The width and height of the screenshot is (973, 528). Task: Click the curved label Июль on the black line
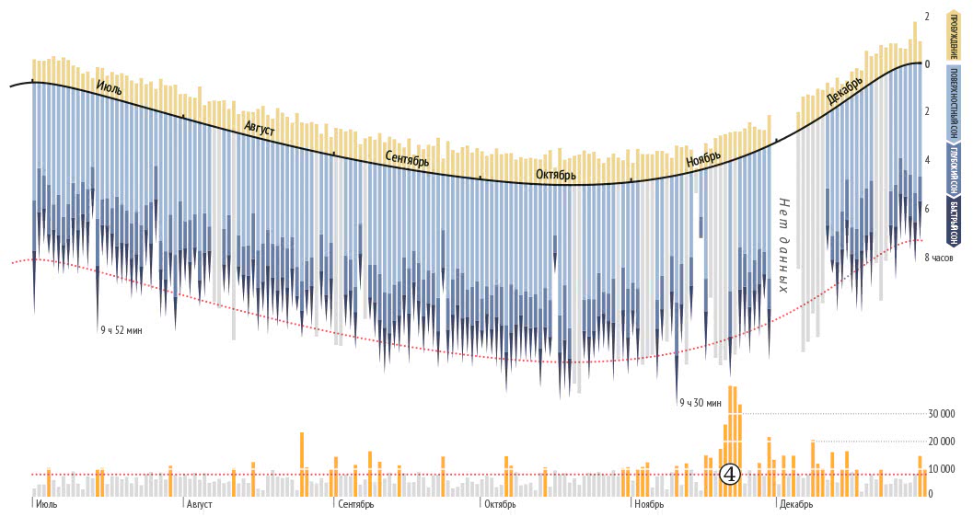pos(109,88)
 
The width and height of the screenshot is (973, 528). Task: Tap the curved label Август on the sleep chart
pos(260,130)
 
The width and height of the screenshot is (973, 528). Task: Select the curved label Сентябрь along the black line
pos(407,158)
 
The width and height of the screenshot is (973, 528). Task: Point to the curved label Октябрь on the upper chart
pos(556,175)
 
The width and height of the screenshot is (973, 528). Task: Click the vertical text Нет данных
pos(784,245)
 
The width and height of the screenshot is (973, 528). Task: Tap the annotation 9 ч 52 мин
pos(122,329)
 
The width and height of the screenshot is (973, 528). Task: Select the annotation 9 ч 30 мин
pos(700,403)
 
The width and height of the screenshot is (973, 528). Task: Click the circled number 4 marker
pos(729,475)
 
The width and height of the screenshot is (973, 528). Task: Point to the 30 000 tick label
pos(942,413)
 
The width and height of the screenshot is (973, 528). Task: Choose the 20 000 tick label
pos(942,442)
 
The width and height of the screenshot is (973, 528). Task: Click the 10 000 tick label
pos(942,469)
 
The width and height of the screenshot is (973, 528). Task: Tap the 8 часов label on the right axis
pos(939,258)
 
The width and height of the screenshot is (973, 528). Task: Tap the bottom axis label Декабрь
pos(795,505)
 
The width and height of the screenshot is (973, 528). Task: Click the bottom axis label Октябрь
pos(500,505)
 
